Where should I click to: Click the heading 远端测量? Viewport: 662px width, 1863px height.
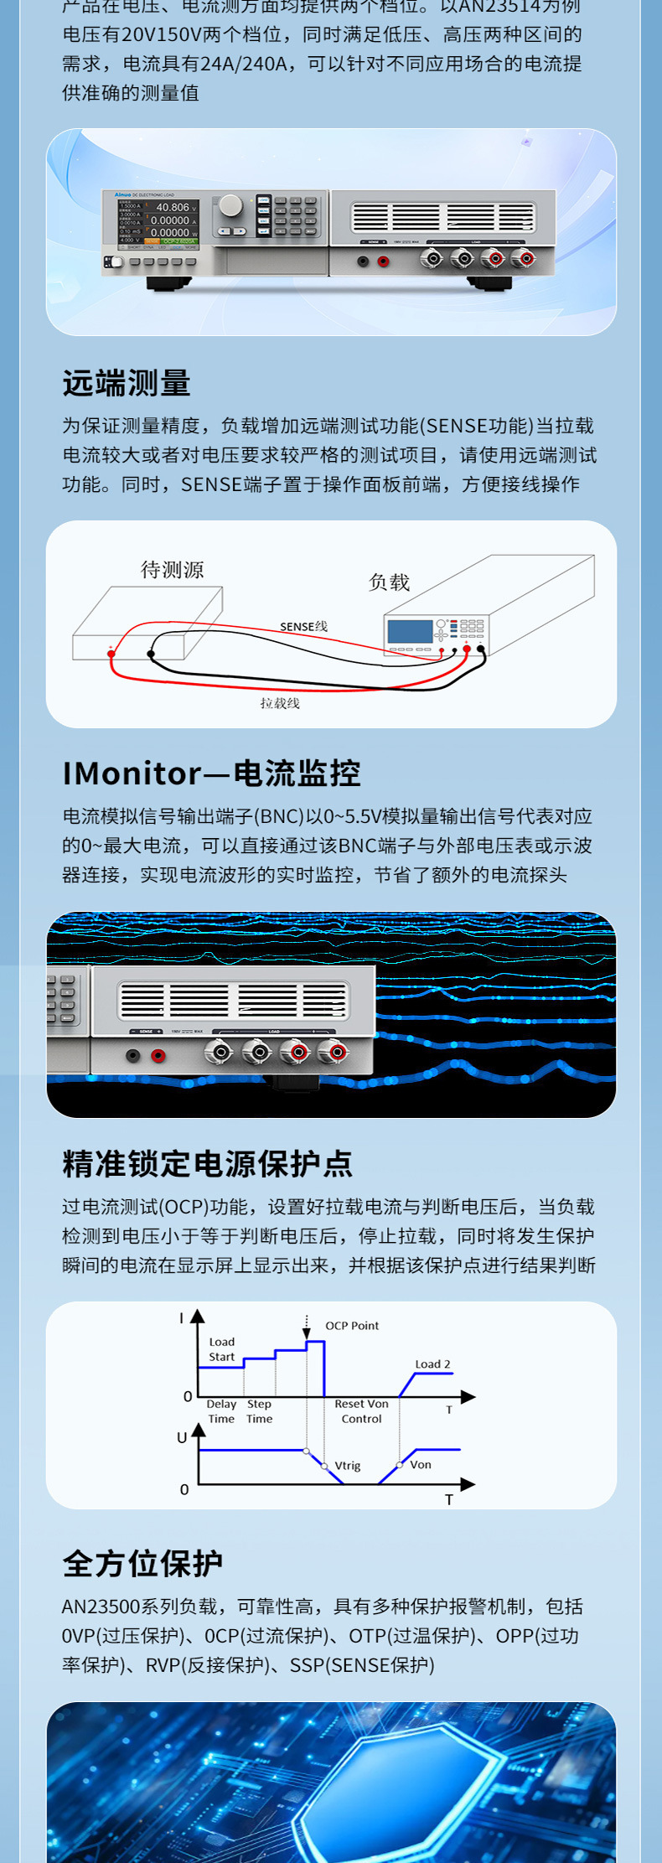click(x=127, y=384)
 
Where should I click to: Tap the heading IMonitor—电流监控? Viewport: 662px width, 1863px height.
click(x=211, y=774)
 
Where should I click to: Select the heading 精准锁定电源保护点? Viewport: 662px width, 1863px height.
click(x=207, y=1164)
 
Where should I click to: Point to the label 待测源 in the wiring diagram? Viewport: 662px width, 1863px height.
click(x=172, y=570)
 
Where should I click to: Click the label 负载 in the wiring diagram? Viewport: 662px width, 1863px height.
click(x=389, y=582)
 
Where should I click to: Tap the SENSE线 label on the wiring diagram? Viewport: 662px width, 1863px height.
click(x=303, y=627)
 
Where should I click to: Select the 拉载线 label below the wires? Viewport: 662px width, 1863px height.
click(x=280, y=703)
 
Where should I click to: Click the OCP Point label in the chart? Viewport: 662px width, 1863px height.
click(x=352, y=1326)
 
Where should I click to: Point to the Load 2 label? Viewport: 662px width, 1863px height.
click(x=432, y=1364)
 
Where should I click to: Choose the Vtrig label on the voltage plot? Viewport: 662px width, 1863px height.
click(x=348, y=1466)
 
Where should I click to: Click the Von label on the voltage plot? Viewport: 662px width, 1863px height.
click(x=421, y=1465)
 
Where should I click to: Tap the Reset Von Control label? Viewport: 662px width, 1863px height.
click(x=361, y=1411)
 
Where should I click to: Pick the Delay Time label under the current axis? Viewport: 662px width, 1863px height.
click(x=221, y=1411)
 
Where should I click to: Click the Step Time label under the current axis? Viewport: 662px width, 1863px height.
click(x=259, y=1411)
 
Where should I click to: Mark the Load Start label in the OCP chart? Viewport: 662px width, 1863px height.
click(x=221, y=1349)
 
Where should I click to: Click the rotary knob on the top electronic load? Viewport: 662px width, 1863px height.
click(x=230, y=206)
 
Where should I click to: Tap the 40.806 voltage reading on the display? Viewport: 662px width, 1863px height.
click(x=173, y=207)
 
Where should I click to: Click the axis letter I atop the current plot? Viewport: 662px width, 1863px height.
click(x=181, y=1318)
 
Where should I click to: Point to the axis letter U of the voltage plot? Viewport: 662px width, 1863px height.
click(x=182, y=1438)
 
